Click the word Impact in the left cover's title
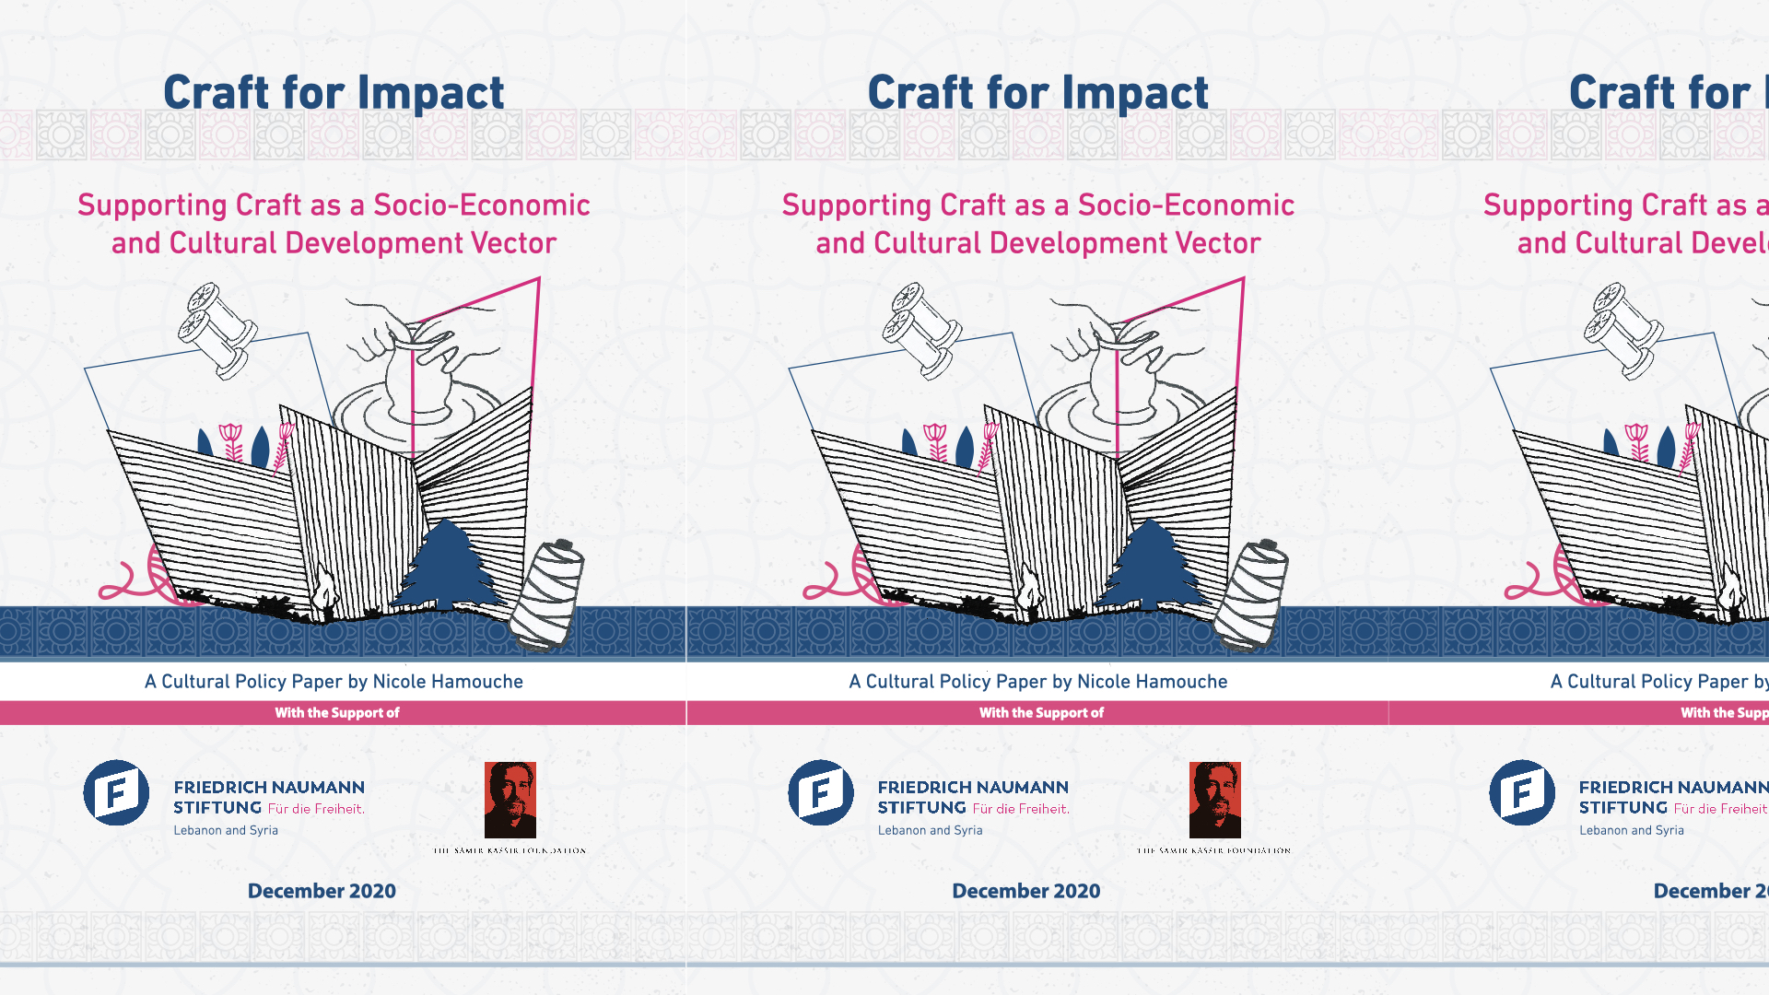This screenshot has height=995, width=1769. click(430, 93)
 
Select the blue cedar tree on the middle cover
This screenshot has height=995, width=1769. click(1152, 566)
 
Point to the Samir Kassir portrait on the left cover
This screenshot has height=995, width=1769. click(510, 799)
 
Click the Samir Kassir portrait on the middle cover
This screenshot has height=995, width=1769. click(1214, 799)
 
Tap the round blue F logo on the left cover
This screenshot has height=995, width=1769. click(116, 792)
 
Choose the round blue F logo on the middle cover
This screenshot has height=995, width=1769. click(820, 792)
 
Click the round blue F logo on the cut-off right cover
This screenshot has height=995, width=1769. click(1522, 792)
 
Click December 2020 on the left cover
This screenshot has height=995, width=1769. click(322, 891)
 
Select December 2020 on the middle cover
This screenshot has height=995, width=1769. click(1025, 891)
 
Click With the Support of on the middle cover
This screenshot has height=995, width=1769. click(1041, 713)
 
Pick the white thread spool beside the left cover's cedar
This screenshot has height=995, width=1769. click(549, 594)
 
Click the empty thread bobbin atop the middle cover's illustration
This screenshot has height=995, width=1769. click(921, 330)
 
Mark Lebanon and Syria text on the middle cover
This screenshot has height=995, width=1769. click(930, 830)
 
